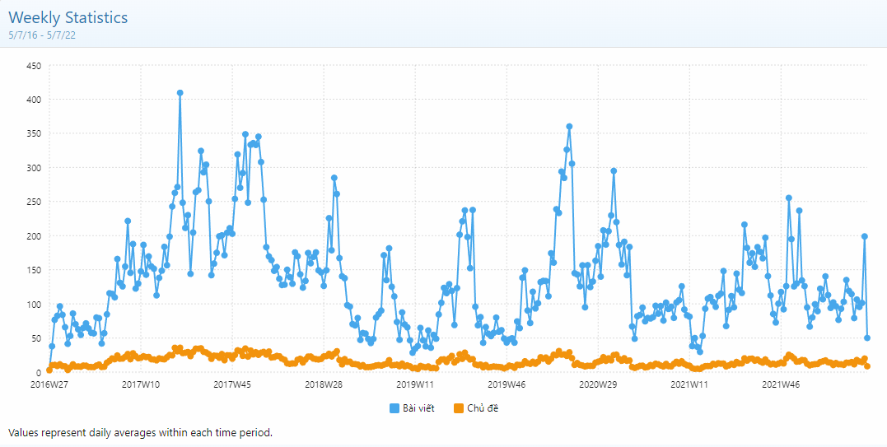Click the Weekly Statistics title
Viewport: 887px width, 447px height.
point(68,17)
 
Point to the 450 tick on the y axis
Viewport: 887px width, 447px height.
point(33,65)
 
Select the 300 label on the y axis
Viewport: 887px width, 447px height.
point(33,167)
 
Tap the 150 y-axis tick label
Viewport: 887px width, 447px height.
point(33,270)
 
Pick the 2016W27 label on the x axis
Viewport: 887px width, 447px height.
point(49,384)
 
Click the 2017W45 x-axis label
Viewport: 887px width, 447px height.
point(232,384)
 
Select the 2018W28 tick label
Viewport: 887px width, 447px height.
point(324,384)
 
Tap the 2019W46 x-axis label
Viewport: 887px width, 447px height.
point(507,384)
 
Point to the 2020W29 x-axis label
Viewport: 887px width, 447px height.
point(599,384)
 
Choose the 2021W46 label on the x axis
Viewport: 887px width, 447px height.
point(782,384)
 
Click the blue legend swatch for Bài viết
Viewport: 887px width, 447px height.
point(394,408)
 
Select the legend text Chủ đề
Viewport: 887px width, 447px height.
point(483,408)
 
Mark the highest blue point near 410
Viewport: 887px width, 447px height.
point(180,93)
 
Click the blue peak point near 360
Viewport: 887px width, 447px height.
point(569,127)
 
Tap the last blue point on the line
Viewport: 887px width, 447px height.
point(867,338)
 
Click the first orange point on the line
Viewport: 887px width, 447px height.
point(49,370)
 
